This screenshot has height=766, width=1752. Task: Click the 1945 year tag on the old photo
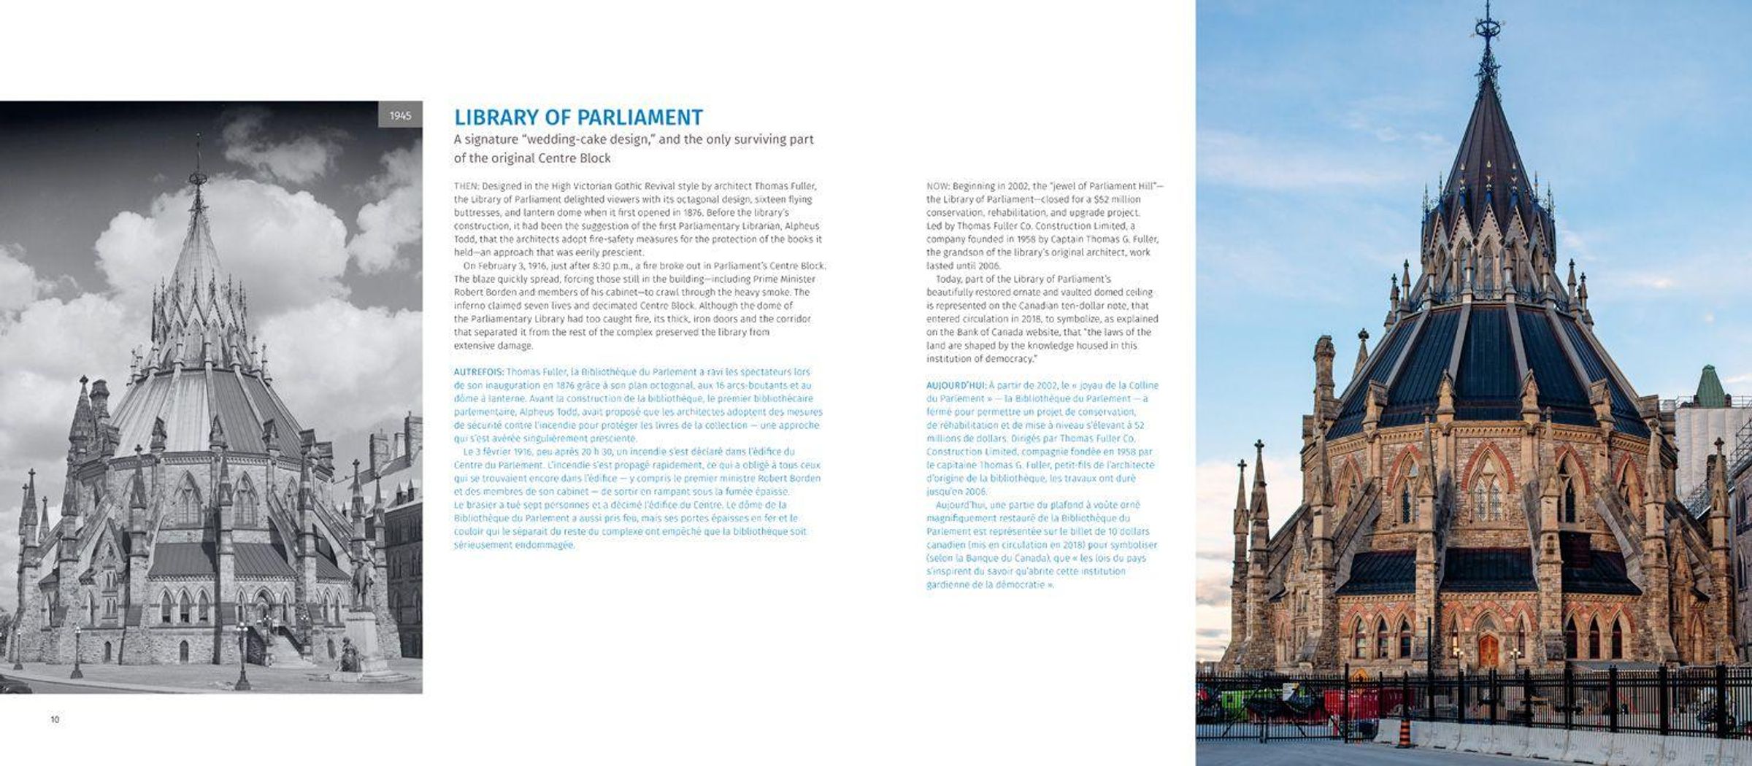400,115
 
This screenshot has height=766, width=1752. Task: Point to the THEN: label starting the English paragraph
466,186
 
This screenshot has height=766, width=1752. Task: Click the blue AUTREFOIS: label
478,372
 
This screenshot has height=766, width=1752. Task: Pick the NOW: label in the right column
937,186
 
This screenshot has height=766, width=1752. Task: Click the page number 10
55,719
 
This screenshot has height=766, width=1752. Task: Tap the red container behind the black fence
1350,704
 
